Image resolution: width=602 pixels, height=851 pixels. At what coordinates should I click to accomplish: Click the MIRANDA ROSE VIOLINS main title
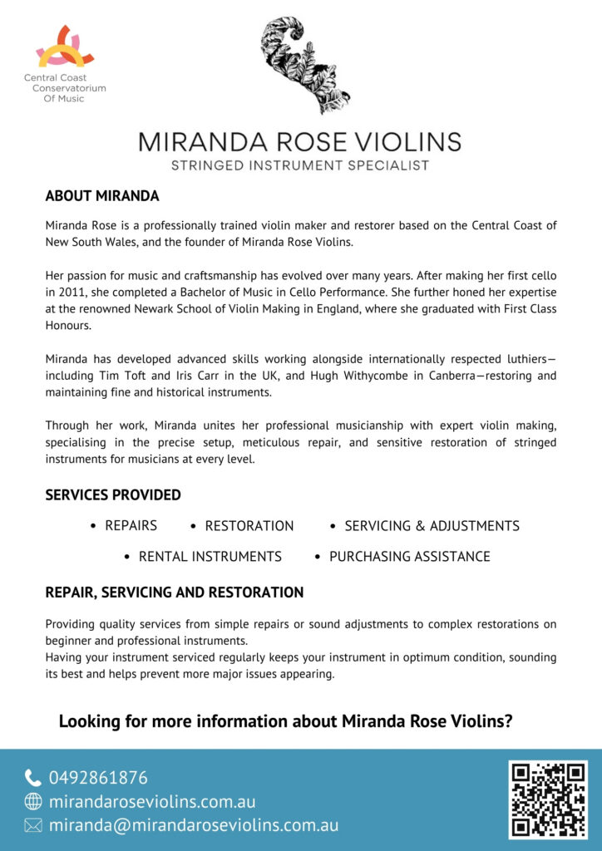pyautogui.click(x=299, y=140)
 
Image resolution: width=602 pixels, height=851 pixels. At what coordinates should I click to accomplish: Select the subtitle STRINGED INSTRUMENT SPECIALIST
pyautogui.click(x=299, y=165)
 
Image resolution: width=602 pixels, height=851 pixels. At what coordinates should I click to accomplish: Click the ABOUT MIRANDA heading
pyautogui.click(x=102, y=197)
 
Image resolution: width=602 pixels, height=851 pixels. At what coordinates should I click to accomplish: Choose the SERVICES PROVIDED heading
pyautogui.click(x=113, y=495)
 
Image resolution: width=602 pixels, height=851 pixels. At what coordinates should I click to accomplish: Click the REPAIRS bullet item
pyautogui.click(x=131, y=526)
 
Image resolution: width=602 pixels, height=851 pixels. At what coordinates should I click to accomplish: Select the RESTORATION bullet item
pyautogui.click(x=249, y=526)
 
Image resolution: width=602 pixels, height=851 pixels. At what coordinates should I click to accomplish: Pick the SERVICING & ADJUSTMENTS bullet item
pyautogui.click(x=432, y=526)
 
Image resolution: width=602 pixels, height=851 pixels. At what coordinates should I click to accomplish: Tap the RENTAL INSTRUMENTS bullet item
pyautogui.click(x=210, y=557)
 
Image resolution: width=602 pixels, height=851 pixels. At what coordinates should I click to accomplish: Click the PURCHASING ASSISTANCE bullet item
pyautogui.click(x=409, y=557)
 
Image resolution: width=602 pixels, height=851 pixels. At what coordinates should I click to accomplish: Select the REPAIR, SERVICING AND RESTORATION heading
pyautogui.click(x=174, y=593)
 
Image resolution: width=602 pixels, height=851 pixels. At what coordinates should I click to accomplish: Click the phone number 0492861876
pyautogui.click(x=98, y=779)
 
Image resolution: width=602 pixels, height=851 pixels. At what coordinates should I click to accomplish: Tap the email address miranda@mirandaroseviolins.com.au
pyautogui.click(x=193, y=826)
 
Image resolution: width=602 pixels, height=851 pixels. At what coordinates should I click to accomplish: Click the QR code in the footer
pyautogui.click(x=548, y=799)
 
